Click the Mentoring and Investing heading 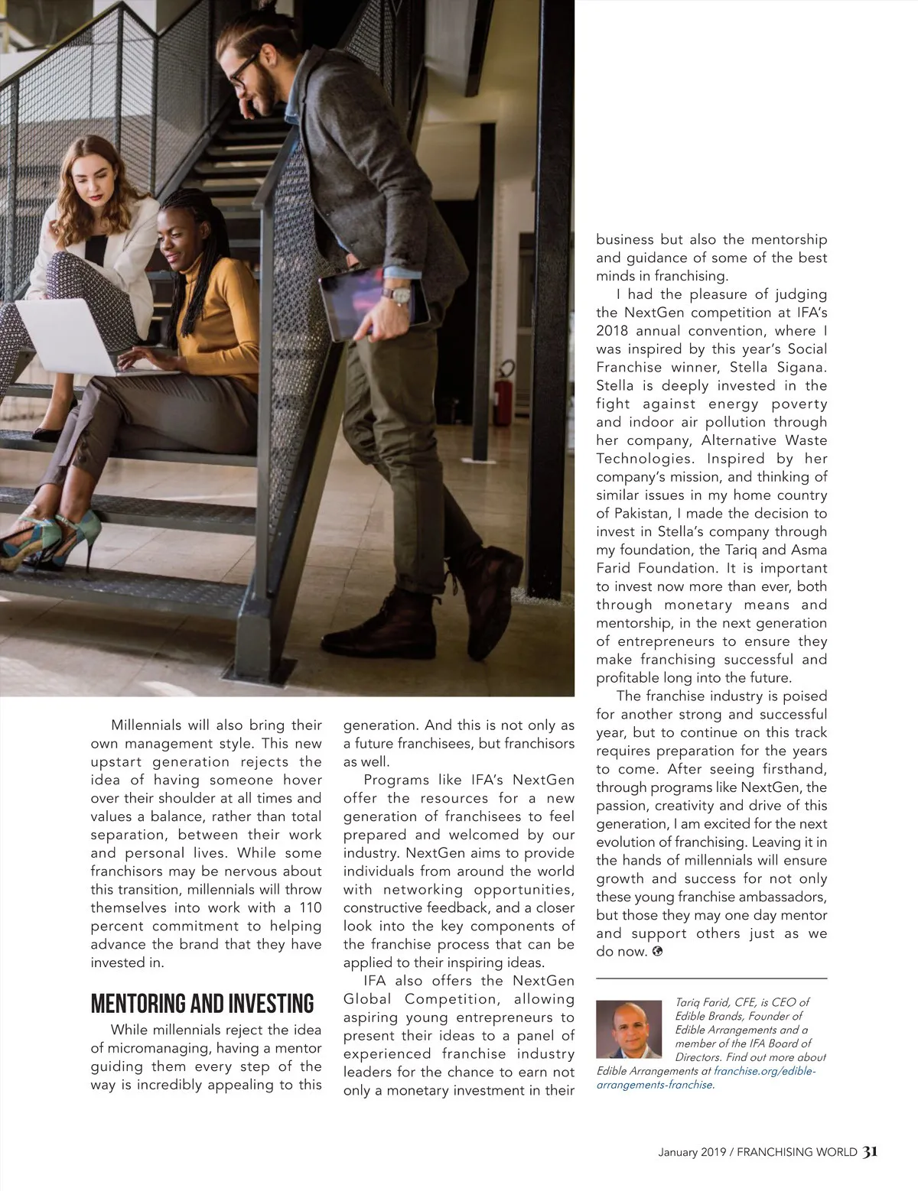pyautogui.click(x=202, y=1003)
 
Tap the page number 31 pyautogui.click(x=870, y=1151)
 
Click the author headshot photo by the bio pyautogui.click(x=629, y=1029)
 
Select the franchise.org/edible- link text pyautogui.click(x=765, y=1071)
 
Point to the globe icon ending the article pyautogui.click(x=658, y=952)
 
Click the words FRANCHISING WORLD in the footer pyautogui.click(x=797, y=1152)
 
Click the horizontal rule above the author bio pyautogui.click(x=711, y=978)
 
